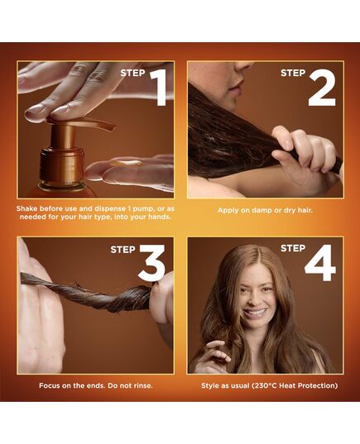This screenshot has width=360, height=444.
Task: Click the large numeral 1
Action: click(x=158, y=88)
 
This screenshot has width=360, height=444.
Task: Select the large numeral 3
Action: click(x=151, y=263)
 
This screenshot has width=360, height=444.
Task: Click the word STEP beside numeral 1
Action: click(x=132, y=73)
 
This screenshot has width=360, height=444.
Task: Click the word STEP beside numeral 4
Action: click(x=293, y=247)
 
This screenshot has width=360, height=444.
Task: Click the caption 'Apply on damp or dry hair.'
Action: click(x=265, y=210)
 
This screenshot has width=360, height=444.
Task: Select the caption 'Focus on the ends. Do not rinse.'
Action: click(x=95, y=385)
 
